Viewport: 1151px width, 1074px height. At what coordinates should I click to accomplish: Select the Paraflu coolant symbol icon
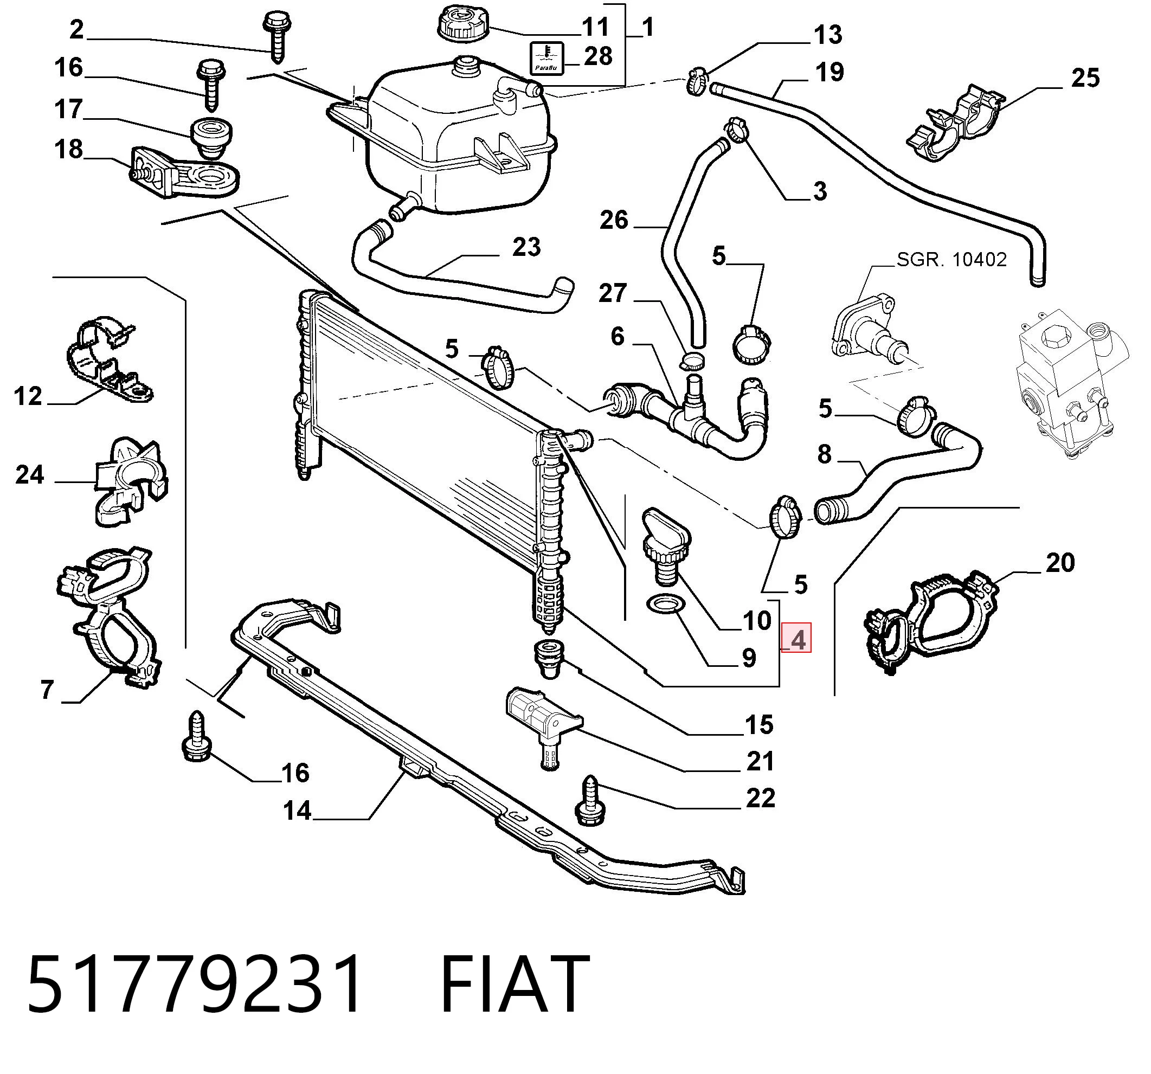(546, 58)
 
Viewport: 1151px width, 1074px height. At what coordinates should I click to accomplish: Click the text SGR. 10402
(952, 259)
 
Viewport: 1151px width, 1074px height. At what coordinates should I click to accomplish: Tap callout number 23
(526, 247)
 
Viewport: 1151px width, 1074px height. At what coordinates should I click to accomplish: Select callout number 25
(1085, 78)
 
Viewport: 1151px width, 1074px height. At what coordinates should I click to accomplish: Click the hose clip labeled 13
(698, 82)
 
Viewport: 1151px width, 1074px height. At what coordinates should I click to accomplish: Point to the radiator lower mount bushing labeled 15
(548, 659)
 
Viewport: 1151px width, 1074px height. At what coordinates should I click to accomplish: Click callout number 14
(298, 811)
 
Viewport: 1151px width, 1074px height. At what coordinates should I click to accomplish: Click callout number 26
(614, 221)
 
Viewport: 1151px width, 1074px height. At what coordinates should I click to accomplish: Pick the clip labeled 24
(131, 481)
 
